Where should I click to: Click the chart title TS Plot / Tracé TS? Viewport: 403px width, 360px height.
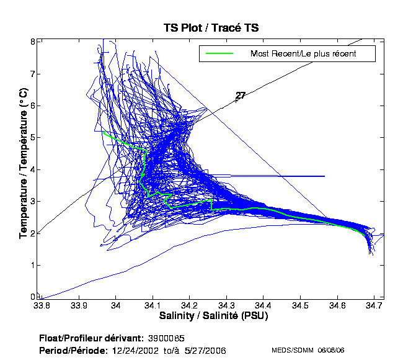pos(211,28)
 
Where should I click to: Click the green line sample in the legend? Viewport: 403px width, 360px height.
pos(219,54)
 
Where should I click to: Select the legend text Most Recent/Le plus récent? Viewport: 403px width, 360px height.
pos(304,54)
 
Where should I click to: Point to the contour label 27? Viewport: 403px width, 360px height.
pos(241,96)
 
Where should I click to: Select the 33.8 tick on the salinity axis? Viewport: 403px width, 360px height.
pos(42,305)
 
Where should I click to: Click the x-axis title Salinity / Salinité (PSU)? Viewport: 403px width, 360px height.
pos(208,315)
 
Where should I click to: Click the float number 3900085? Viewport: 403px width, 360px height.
pos(166,338)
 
